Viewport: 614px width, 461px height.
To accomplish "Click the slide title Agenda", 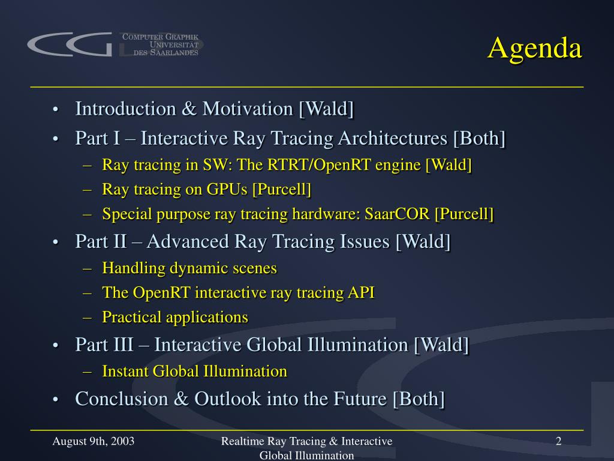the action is pos(535,49).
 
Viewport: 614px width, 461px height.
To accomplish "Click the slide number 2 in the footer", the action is pos(559,441).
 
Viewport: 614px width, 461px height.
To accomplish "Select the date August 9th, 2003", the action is pos(93,441).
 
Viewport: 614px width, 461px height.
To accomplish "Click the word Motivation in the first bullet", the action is pos(248,109).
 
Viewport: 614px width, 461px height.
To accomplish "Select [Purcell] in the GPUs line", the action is pos(282,189).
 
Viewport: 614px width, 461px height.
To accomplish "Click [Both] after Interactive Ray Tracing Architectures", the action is pos(479,138).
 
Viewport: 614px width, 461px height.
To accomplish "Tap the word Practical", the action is pos(132,317).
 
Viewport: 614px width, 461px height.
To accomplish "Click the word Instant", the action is pos(125,371).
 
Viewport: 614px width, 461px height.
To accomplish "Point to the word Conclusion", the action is pos(121,399).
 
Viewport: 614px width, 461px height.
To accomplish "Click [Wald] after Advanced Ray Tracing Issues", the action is pos(423,241).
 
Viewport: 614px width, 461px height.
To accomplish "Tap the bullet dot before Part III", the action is pos(56,345).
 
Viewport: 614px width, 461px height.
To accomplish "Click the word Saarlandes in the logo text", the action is pos(174,53).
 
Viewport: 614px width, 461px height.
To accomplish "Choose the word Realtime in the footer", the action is pos(243,441).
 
